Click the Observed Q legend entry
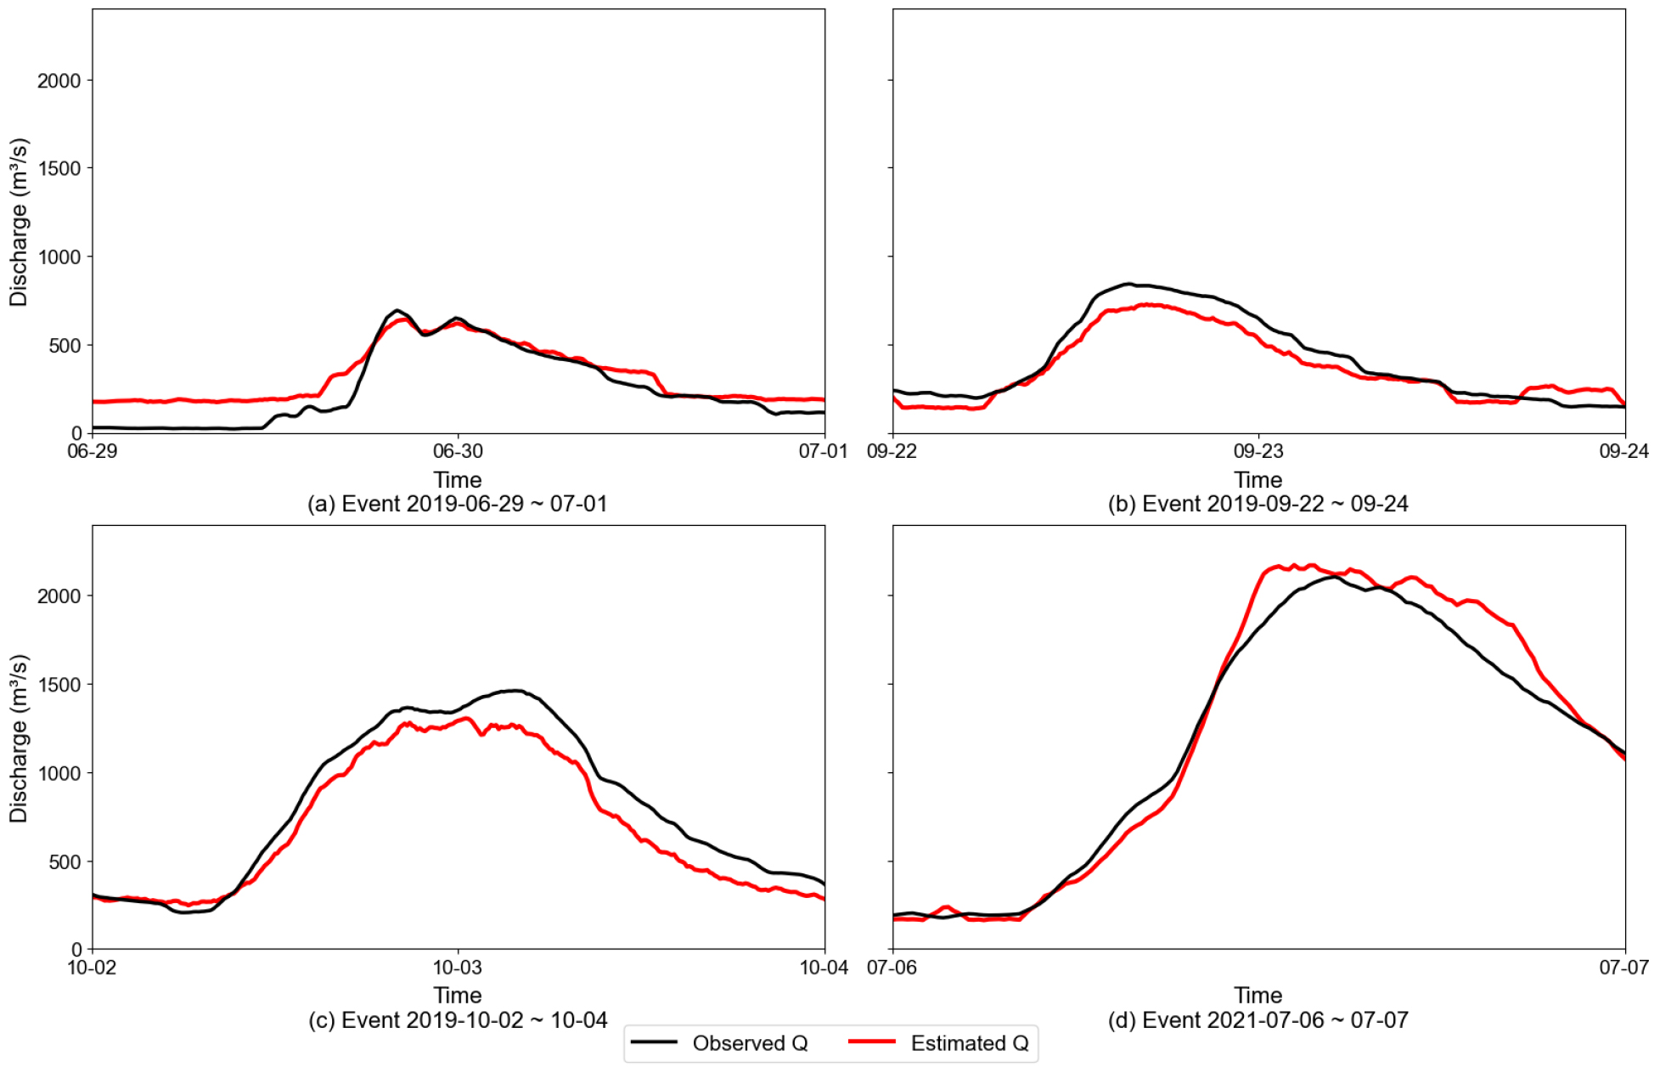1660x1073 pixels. [x=749, y=1043]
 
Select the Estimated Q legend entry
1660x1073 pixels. [x=969, y=1043]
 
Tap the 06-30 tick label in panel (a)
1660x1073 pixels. [x=458, y=451]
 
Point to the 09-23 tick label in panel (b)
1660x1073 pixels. [x=1258, y=451]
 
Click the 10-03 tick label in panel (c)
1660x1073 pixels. [x=458, y=967]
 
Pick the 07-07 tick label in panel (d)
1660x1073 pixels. [x=1623, y=967]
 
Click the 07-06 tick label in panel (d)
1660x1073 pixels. [x=892, y=967]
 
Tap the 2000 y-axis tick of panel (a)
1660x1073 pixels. [x=59, y=81]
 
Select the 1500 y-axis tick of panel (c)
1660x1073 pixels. [x=59, y=685]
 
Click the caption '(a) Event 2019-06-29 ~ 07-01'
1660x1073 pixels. [x=458, y=504]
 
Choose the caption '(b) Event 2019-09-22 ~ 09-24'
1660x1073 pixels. [x=1258, y=504]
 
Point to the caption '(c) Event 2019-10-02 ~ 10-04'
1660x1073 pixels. [x=458, y=1019]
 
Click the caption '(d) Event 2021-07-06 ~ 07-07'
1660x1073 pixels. [x=1258, y=1019]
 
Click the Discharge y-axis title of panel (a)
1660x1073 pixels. [x=19, y=222]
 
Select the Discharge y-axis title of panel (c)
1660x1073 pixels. [x=19, y=737]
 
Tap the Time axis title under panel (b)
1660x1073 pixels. [x=1258, y=479]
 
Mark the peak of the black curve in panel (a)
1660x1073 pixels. [x=397, y=311]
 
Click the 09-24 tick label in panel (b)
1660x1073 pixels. [x=1623, y=451]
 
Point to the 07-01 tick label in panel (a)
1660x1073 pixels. [x=823, y=451]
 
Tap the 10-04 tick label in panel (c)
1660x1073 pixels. [x=823, y=967]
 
